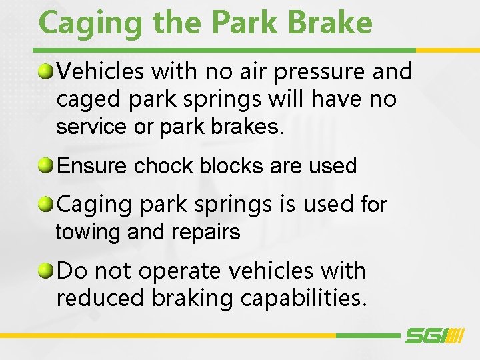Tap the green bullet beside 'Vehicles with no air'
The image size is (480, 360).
[46, 70]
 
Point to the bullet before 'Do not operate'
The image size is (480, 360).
[46, 271]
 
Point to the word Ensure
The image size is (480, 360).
[93, 165]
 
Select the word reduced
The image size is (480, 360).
[100, 298]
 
